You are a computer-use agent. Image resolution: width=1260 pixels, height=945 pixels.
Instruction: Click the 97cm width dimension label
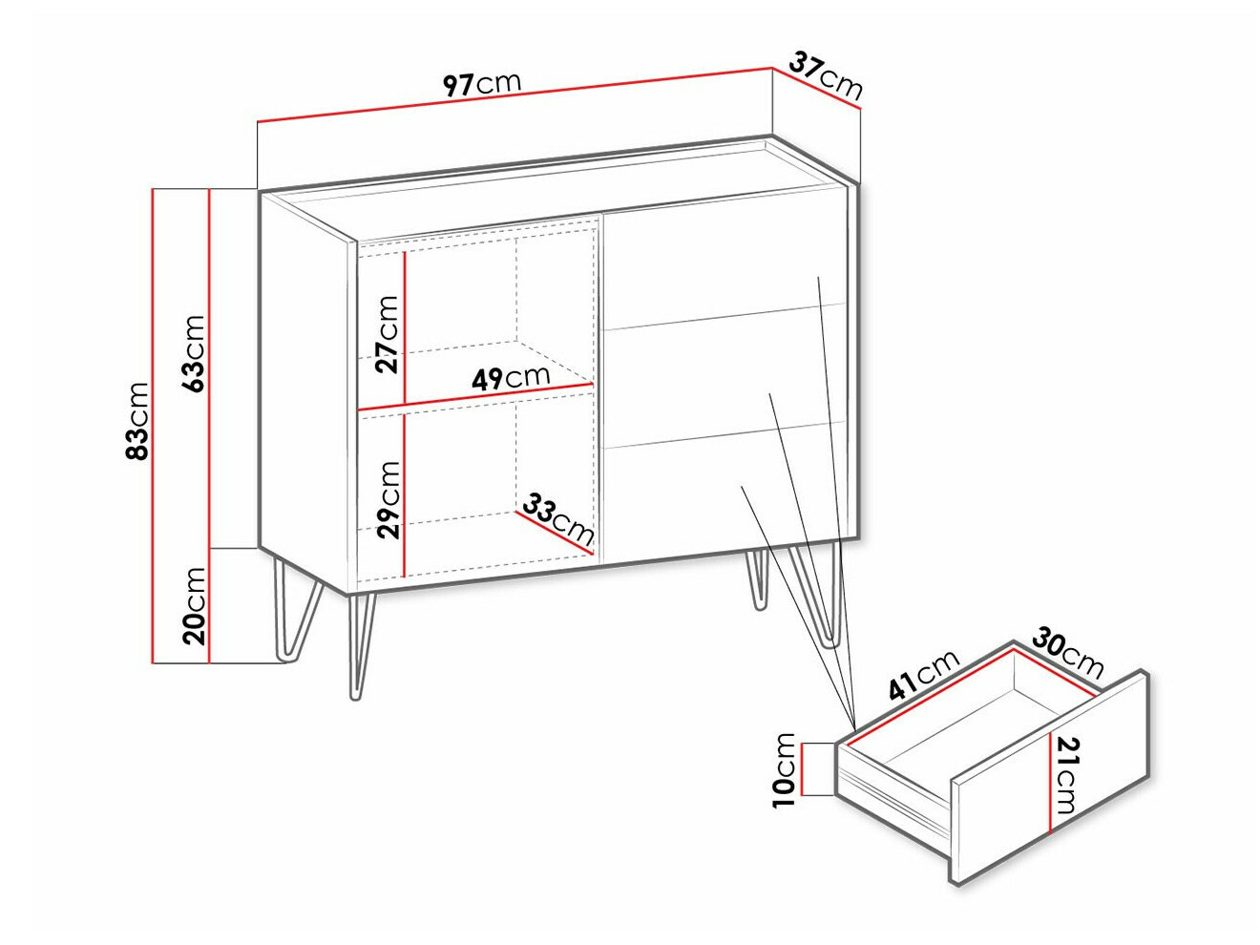point(482,84)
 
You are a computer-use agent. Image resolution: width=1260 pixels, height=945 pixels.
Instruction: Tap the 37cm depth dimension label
point(826,76)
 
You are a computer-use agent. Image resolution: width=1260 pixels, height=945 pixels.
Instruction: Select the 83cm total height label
point(137,421)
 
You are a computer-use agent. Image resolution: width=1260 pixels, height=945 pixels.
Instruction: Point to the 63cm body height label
point(193,353)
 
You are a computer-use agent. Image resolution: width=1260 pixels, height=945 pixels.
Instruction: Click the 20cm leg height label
point(193,606)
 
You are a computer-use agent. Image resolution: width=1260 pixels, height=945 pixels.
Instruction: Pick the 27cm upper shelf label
point(387,334)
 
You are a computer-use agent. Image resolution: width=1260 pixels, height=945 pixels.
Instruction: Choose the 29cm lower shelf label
point(388,500)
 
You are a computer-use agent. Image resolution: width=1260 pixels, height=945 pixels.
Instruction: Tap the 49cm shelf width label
point(511,377)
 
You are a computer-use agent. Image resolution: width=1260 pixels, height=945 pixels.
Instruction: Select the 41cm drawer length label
point(924,675)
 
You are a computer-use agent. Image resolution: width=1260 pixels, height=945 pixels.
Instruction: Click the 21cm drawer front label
point(1068,775)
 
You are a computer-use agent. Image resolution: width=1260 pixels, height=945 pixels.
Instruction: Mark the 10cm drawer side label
point(784,770)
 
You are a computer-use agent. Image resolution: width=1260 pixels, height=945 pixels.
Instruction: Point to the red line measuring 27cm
point(405,327)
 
